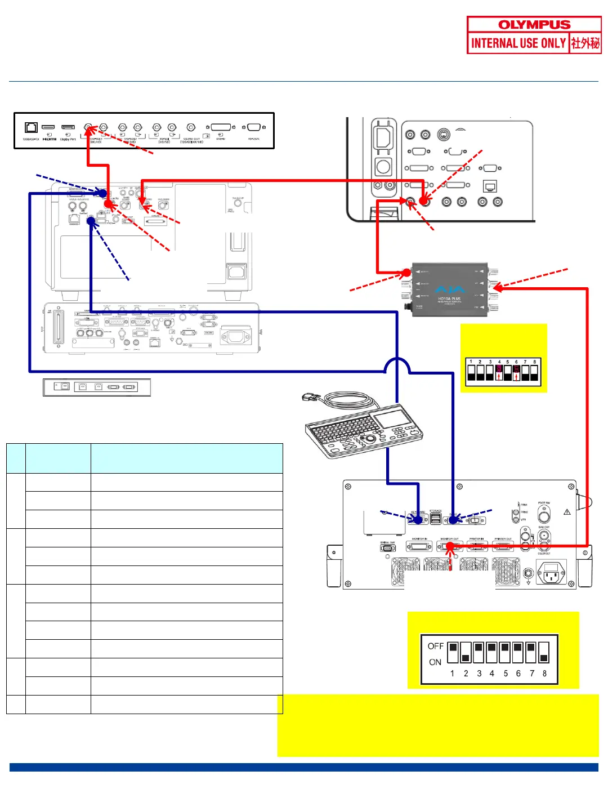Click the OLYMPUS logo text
pyautogui.click(x=534, y=25)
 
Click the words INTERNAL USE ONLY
pyautogui.click(x=518, y=43)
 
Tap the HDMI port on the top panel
pyautogui.click(x=49, y=127)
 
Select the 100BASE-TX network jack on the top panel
pyautogui.click(x=32, y=127)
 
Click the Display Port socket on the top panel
pyautogui.click(x=68, y=127)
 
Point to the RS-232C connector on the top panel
pyautogui.click(x=254, y=127)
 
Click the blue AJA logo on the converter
pyautogui.click(x=450, y=290)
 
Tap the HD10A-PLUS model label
pyautogui.click(x=449, y=299)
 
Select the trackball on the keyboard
pyautogui.click(x=372, y=437)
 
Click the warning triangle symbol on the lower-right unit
pyautogui.click(x=567, y=512)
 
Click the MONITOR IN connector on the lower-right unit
pyautogui.click(x=419, y=546)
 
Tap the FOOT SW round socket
pyautogui.click(x=544, y=515)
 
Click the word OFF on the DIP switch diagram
pyautogui.click(x=435, y=646)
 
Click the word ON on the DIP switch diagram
pyautogui.click(x=435, y=662)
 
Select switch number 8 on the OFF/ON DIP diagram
pyautogui.click(x=544, y=652)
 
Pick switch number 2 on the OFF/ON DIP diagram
pyautogui.click(x=466, y=652)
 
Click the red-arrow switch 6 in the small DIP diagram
pyautogui.click(x=516, y=372)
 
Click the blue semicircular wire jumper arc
pyautogui.click(x=397, y=366)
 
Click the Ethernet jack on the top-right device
pyautogui.click(x=490, y=186)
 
